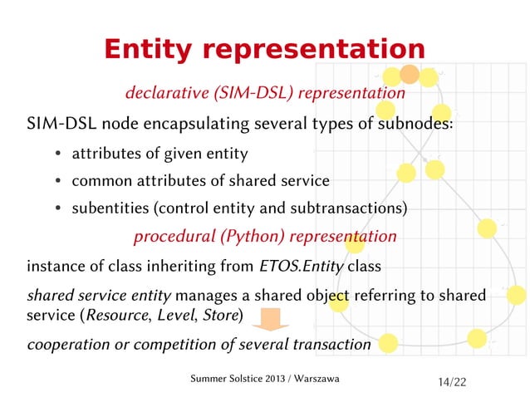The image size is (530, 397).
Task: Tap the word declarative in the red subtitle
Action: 166,93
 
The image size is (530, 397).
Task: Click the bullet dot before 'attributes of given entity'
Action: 56,154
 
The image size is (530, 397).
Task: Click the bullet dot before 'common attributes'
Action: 56,181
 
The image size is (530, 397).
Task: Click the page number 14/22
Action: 452,381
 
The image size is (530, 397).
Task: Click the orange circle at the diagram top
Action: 409,75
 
